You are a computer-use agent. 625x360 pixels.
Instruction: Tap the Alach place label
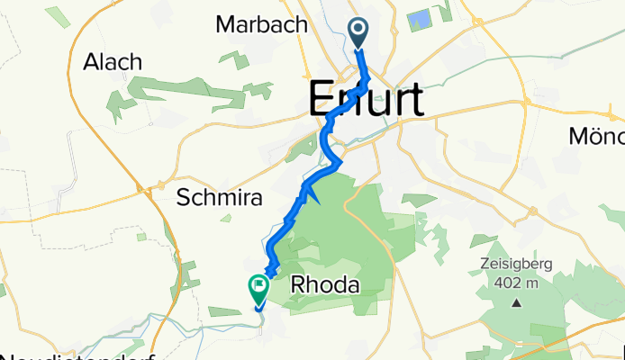coord(113,62)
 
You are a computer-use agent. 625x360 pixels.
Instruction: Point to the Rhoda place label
coord(326,285)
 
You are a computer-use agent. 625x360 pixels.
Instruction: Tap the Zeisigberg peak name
coord(515,264)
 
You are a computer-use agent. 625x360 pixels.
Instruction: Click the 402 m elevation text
coord(515,281)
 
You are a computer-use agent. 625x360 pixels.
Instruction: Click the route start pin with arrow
coord(358,33)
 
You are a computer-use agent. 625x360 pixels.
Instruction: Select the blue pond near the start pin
coord(419,19)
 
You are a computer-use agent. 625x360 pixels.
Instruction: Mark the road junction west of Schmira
coord(144,189)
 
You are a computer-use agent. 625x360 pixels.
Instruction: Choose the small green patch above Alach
coord(58,17)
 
